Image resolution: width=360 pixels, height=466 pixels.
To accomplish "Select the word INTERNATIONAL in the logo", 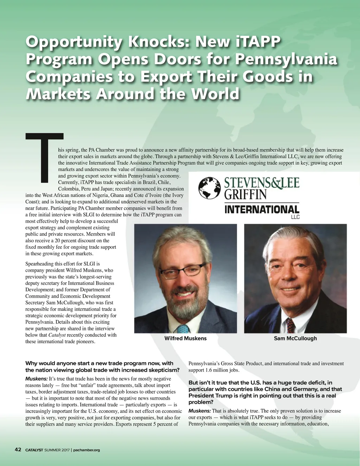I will tap(262, 210).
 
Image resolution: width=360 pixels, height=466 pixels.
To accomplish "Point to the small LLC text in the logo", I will tap(295, 217).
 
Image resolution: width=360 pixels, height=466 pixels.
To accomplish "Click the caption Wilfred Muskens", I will tap(185, 338).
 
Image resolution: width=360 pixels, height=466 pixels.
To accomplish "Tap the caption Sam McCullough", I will tap(295, 338).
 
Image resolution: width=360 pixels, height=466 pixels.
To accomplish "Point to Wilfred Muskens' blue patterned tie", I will tap(183, 329).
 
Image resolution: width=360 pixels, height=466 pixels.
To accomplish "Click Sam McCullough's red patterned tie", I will tap(290, 325).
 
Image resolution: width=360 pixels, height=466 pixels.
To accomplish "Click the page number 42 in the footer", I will tap(18, 449).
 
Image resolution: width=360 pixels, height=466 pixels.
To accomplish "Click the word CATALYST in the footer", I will tap(34, 450).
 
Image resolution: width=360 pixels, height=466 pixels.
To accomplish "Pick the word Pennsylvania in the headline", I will tap(286, 59).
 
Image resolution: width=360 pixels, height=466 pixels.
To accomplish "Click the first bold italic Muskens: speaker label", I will tap(37, 379).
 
